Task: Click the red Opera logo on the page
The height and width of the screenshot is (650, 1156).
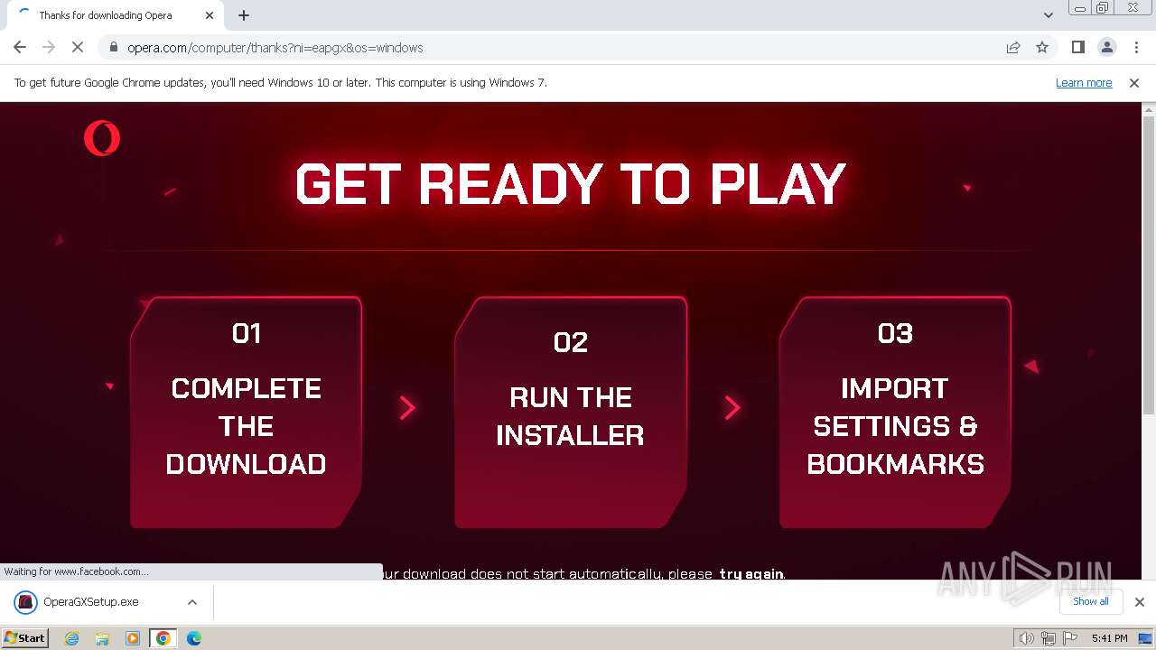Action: point(102,138)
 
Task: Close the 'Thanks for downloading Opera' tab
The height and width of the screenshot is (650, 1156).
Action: point(210,15)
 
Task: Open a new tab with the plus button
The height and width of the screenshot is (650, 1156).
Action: point(244,15)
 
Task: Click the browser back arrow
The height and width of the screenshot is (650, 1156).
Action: point(20,48)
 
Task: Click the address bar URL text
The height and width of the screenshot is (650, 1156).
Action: point(275,48)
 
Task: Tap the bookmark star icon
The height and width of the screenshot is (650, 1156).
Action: point(1042,48)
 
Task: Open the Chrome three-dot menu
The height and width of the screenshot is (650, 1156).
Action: point(1136,48)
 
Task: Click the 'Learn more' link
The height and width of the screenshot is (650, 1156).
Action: point(1084,83)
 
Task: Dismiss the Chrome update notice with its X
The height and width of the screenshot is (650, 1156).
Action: point(1134,83)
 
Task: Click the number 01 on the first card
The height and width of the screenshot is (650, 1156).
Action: point(247,334)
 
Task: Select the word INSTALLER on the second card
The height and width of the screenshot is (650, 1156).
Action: point(570,436)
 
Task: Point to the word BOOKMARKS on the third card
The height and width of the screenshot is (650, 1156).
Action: point(895,464)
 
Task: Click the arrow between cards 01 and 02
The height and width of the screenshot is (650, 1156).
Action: point(407,408)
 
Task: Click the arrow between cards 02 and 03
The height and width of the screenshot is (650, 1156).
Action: point(732,408)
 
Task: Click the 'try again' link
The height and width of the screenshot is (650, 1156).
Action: point(751,574)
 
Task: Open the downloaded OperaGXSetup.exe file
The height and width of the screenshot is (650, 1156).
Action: point(90,602)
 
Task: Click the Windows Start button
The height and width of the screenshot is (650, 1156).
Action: point(24,638)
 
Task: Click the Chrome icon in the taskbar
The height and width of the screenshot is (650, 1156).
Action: point(163,638)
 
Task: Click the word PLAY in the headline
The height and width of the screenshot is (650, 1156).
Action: point(778,184)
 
